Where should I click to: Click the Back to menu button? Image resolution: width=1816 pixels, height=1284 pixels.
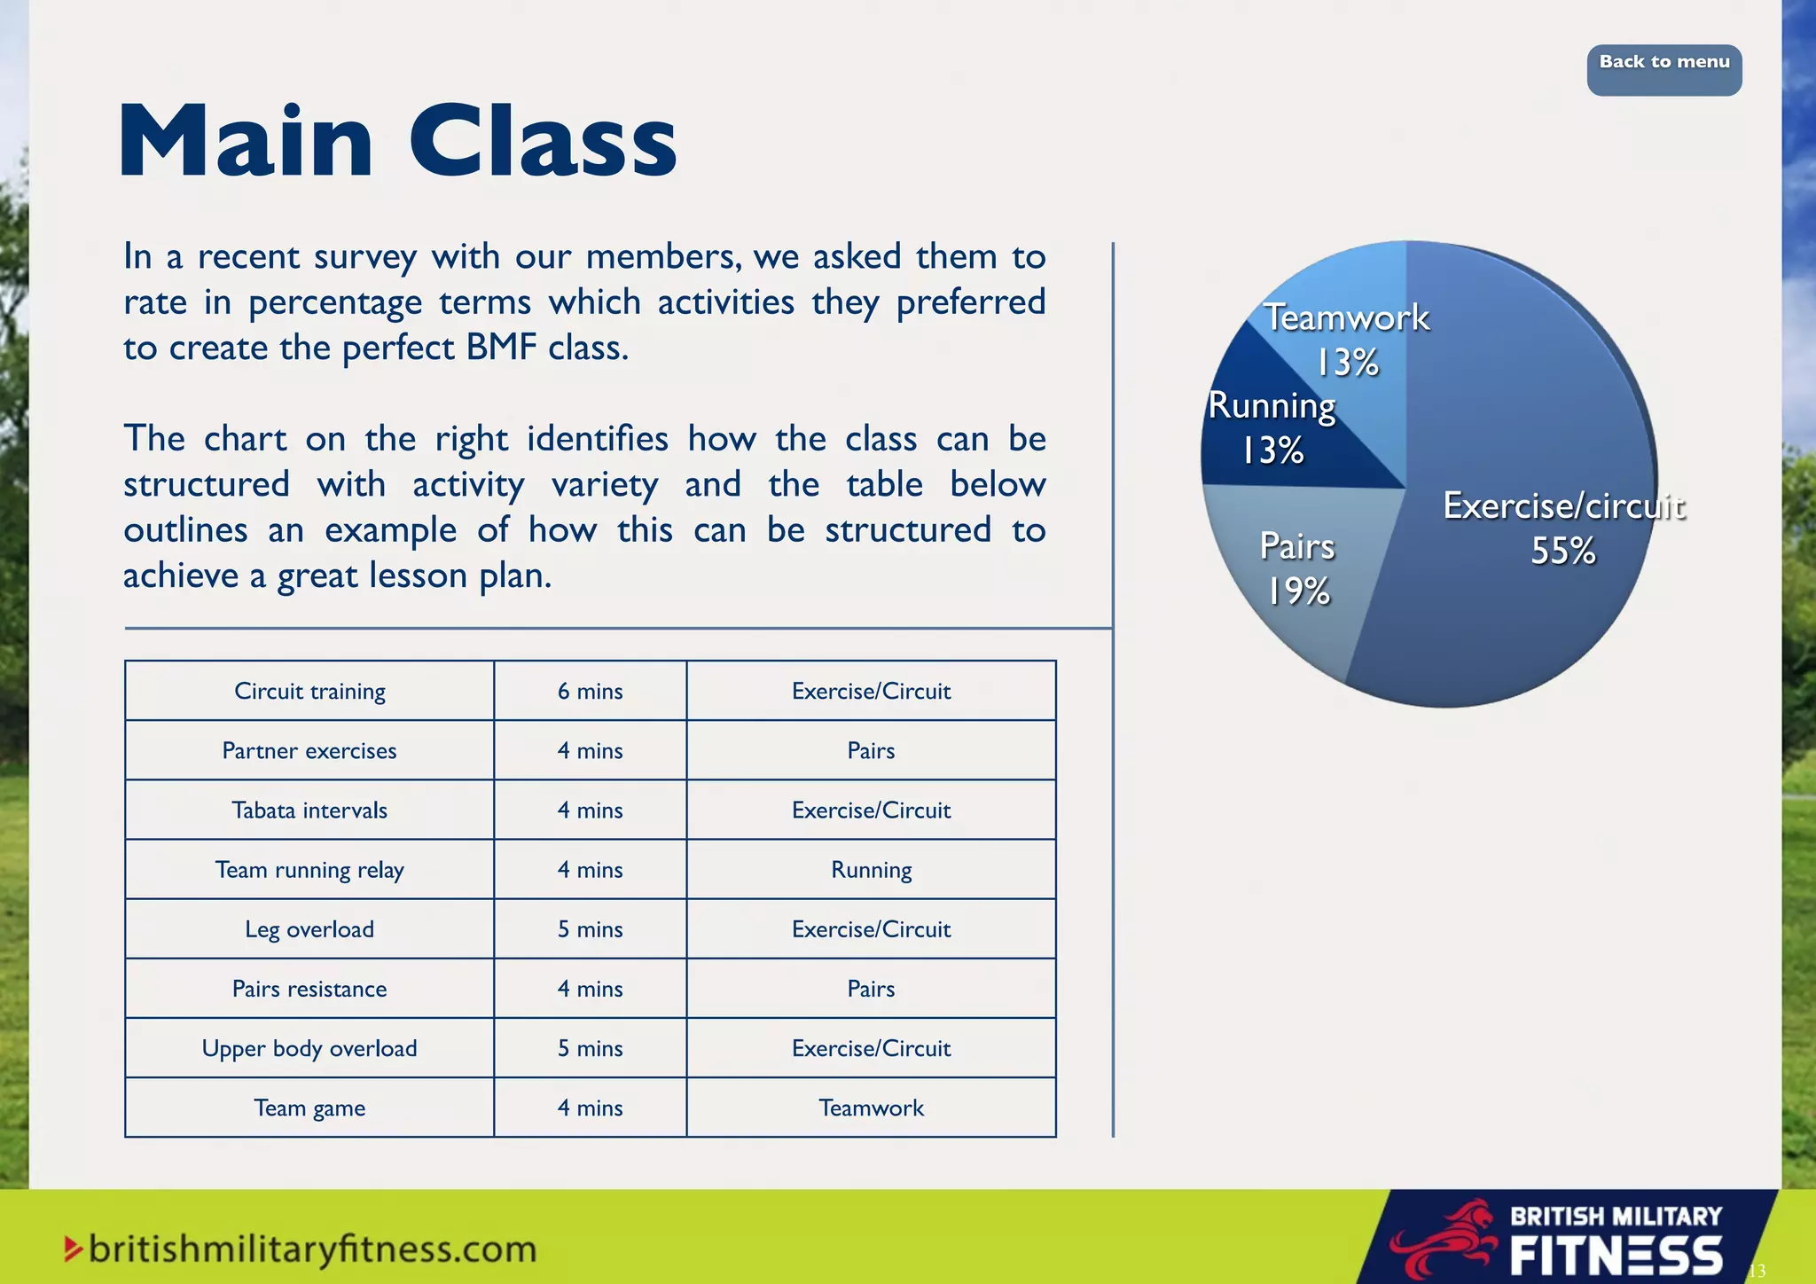(x=1663, y=69)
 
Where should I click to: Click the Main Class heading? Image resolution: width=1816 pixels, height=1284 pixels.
(x=398, y=143)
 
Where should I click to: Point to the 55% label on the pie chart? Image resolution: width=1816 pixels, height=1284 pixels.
(x=1562, y=552)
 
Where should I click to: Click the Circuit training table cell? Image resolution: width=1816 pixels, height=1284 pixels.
(x=309, y=691)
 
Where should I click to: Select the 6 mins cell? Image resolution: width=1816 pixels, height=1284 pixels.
(x=590, y=691)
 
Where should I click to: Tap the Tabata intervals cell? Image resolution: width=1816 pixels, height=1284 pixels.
(x=309, y=810)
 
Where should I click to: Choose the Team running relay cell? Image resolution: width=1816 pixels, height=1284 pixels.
(x=309, y=870)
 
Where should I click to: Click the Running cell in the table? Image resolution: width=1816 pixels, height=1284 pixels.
(x=871, y=870)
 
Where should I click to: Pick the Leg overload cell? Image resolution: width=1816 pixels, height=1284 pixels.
(x=309, y=929)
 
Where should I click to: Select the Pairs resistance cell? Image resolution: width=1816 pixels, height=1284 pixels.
(x=309, y=989)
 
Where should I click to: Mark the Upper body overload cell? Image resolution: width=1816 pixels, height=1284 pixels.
(x=309, y=1048)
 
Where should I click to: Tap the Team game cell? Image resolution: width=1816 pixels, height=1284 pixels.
(x=309, y=1108)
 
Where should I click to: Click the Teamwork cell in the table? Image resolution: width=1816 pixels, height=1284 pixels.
(x=871, y=1108)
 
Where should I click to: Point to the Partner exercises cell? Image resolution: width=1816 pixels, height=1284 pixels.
(x=309, y=751)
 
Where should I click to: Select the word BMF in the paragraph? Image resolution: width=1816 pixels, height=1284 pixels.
(x=502, y=348)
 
